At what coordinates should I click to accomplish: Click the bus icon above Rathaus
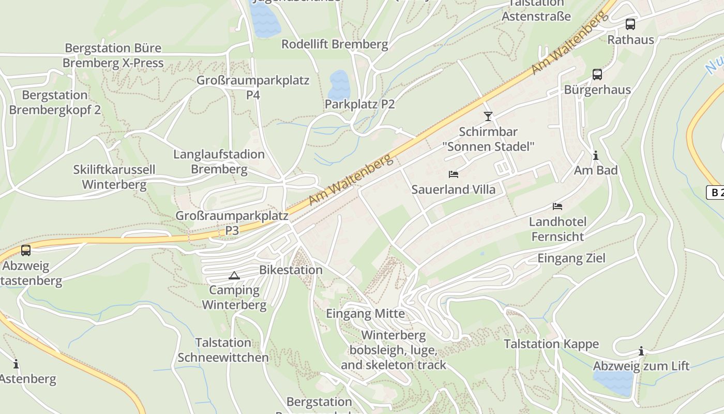[630, 24]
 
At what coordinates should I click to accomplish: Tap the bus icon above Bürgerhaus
[597, 74]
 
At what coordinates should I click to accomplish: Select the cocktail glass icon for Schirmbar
[488, 116]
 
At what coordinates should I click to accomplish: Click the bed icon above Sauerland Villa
[454, 174]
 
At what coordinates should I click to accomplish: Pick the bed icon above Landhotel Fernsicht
[557, 206]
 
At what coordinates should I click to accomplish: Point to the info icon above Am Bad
[596, 155]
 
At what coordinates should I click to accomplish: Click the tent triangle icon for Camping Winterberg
[234, 275]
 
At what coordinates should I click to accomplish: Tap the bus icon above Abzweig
[26, 250]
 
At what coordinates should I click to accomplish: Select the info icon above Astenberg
[16, 364]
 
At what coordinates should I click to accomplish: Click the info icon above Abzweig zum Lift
[641, 351]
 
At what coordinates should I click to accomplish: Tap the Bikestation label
[291, 270]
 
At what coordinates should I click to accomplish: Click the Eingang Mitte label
[365, 314]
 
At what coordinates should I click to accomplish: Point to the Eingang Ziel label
[571, 258]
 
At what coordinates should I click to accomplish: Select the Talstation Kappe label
[551, 344]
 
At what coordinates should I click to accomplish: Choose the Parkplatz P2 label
[359, 104]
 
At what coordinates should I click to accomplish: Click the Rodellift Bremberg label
[335, 44]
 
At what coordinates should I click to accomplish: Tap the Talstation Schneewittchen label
[223, 350]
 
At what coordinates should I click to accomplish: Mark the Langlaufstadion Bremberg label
[219, 161]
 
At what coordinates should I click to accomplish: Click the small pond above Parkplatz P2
[339, 83]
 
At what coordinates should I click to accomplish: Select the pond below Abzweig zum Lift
[614, 382]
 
